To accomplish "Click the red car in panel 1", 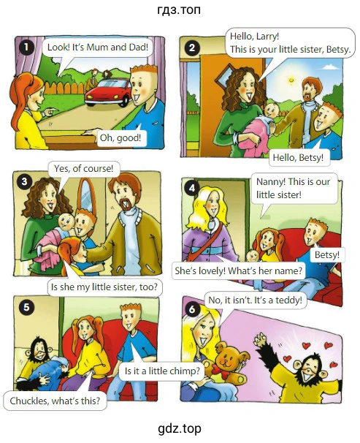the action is click(x=109, y=92).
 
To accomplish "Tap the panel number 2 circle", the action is click(x=192, y=48).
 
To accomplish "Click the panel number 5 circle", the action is click(x=26, y=307).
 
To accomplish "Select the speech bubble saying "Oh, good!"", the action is click(x=121, y=138).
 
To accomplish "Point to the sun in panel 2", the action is click(x=291, y=80).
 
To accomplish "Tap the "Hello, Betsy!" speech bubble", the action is click(x=298, y=157).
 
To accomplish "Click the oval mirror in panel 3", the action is click(x=87, y=195).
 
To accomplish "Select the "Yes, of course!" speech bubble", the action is click(x=83, y=169).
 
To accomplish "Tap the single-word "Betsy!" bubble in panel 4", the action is click(x=327, y=255).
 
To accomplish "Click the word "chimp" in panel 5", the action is click(x=184, y=371).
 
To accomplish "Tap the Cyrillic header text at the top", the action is click(x=179, y=10).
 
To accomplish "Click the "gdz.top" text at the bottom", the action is click(x=180, y=428).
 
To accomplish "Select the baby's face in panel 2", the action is click(x=270, y=110).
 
